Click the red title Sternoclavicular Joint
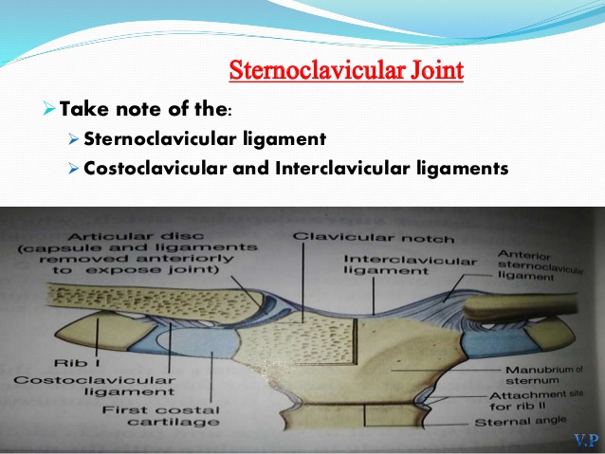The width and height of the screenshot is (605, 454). click(346, 70)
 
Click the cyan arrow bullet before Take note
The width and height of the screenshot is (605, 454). click(49, 108)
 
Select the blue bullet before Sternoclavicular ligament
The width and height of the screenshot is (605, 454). click(73, 139)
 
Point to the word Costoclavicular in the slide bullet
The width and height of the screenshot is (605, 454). click(156, 168)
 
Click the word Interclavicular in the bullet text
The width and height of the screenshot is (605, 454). click(342, 168)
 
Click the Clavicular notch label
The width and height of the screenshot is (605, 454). click(373, 238)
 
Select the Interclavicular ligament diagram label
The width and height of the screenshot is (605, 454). click(411, 265)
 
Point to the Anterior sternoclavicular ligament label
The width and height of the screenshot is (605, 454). click(541, 265)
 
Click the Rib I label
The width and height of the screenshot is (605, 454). click(77, 363)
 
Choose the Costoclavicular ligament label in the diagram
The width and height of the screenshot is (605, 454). click(95, 386)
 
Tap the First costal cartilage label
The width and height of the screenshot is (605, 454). click(161, 415)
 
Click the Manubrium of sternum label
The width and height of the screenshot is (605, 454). click(544, 375)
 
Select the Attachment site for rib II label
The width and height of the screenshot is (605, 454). click(537, 400)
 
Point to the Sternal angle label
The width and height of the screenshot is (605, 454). click(520, 421)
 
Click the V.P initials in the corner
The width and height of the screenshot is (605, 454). click(586, 440)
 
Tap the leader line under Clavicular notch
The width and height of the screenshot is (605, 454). click(303, 282)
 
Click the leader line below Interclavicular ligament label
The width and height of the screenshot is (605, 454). click(374, 296)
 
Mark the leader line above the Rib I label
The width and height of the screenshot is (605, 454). click(98, 336)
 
